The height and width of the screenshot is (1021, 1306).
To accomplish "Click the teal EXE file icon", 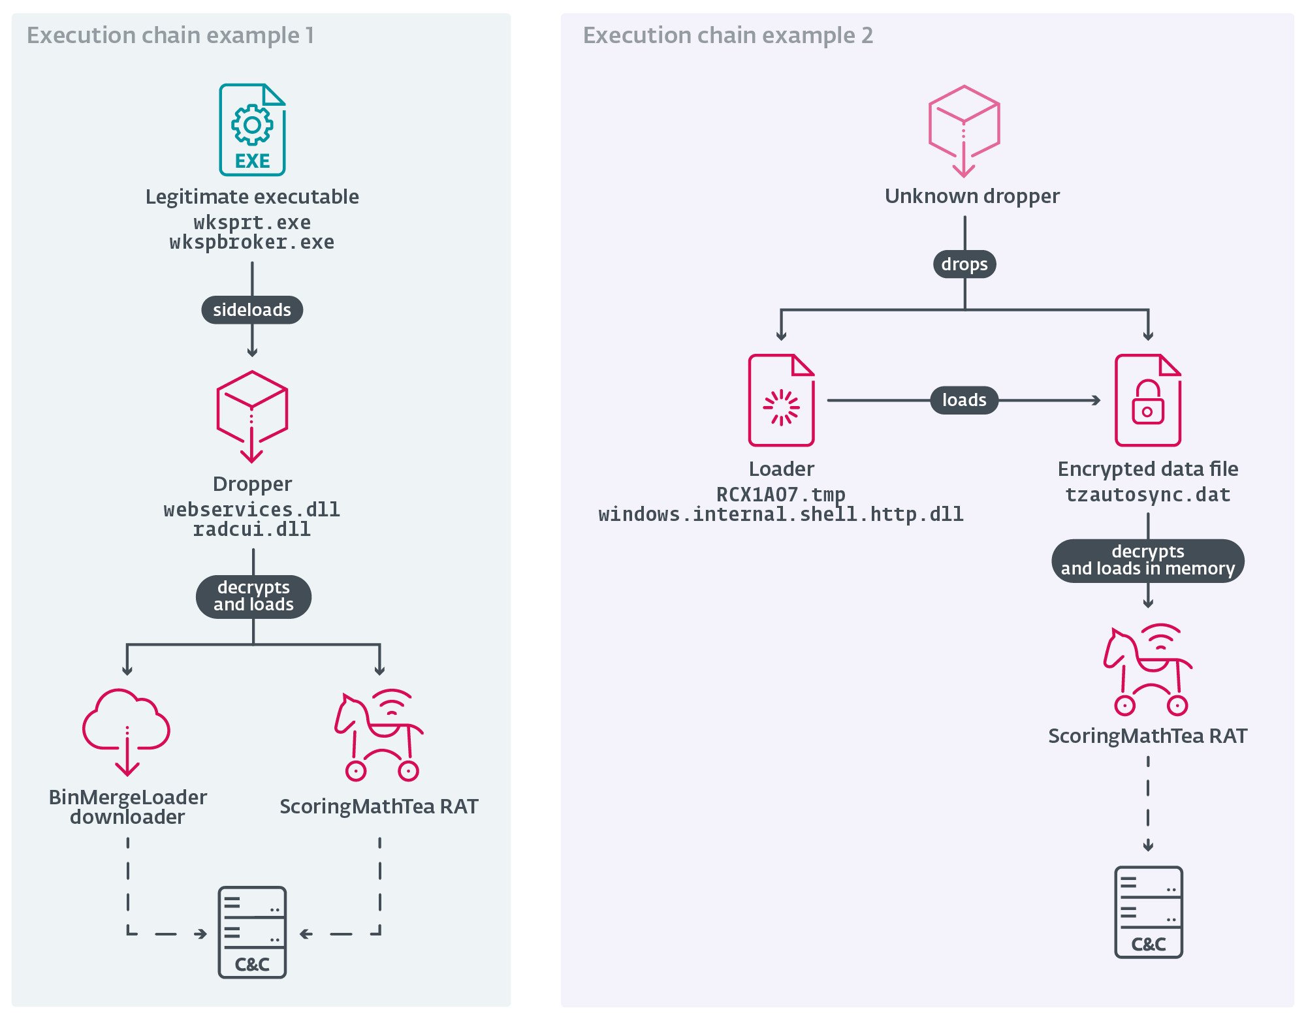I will tap(252, 130).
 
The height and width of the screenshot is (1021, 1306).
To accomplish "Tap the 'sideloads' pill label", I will tap(252, 309).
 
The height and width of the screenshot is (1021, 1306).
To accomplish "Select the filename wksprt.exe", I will tap(252, 223).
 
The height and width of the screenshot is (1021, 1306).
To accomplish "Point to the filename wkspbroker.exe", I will tap(252, 242).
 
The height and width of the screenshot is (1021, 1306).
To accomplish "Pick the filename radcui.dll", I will tap(252, 529).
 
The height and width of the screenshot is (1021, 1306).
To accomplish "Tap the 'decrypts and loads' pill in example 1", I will tap(253, 596).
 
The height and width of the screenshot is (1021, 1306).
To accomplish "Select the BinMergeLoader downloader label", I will tap(128, 807).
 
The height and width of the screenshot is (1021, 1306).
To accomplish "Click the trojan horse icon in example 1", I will tap(379, 734).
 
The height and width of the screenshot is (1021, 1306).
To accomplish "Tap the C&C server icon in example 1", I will tap(252, 932).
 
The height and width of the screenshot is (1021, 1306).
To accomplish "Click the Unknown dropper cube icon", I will tap(964, 130).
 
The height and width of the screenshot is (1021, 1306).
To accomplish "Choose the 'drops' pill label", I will tap(964, 264).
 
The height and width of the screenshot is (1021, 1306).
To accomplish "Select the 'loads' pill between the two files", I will tap(964, 400).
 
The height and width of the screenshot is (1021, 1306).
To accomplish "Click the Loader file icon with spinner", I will tap(781, 400).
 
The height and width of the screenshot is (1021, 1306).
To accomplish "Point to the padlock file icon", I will tap(1148, 400).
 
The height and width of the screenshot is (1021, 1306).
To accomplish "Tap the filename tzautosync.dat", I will tap(1148, 495).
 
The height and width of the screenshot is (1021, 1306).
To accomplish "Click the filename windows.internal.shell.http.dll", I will tap(781, 514).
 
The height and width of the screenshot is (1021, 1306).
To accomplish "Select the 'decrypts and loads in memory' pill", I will tap(1148, 560).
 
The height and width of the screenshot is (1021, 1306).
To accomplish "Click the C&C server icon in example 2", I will tap(1148, 912).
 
